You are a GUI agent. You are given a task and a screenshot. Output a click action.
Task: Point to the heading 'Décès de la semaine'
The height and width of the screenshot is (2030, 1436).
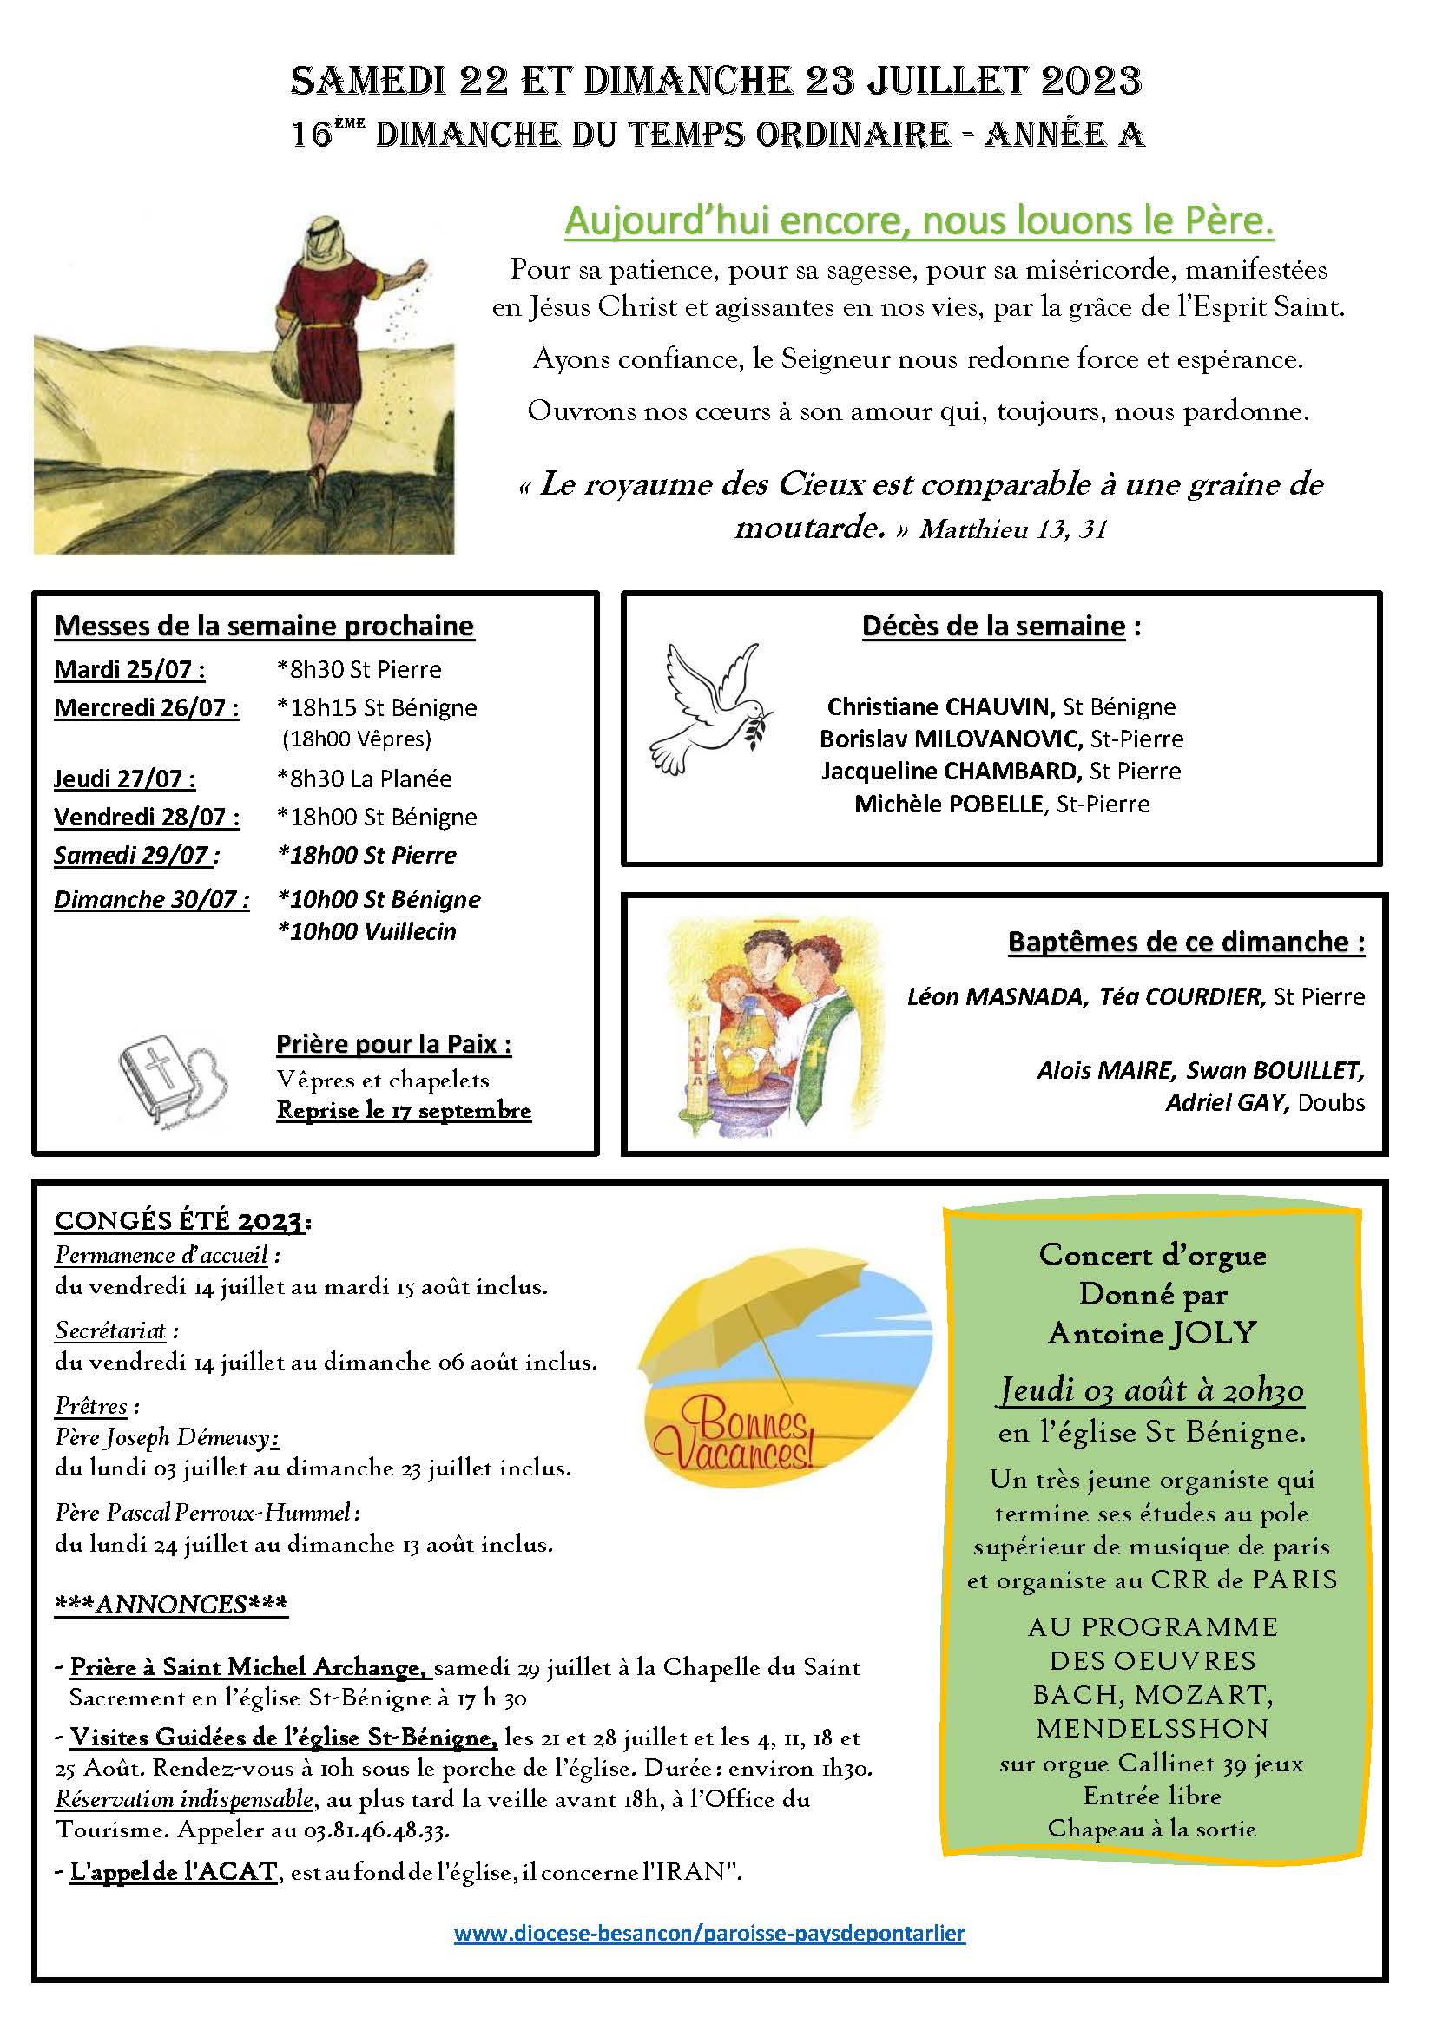point(993,626)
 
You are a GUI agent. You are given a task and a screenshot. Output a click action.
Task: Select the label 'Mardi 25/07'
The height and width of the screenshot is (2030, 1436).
point(129,669)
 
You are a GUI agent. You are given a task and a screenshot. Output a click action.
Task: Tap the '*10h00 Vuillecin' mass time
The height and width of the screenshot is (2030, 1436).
point(366,931)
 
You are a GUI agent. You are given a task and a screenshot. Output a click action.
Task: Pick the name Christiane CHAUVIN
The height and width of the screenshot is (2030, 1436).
point(940,706)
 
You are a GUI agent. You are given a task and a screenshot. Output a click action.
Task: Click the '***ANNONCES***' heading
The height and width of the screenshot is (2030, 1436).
point(171,1605)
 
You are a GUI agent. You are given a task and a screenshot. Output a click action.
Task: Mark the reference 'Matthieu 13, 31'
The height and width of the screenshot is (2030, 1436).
point(1012,529)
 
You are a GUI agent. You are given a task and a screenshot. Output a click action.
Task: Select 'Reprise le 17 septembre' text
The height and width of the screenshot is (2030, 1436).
point(403,1111)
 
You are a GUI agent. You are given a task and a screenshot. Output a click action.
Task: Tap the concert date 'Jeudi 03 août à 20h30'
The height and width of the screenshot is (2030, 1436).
point(1151,1390)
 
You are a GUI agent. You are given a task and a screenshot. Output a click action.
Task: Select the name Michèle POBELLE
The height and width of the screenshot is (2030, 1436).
point(950,804)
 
